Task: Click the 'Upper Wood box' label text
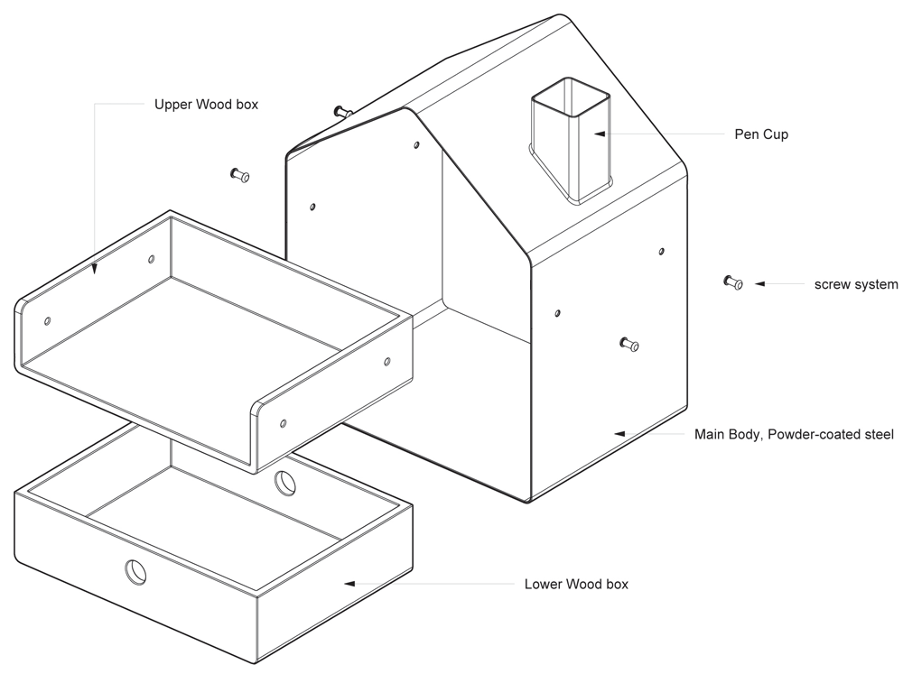tap(206, 105)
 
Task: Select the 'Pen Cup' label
tap(761, 134)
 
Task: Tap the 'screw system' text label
tap(856, 284)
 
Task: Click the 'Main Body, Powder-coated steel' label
tap(794, 435)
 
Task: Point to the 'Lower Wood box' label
tap(576, 585)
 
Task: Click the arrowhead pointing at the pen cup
tap(599, 134)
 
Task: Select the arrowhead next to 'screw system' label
tap(759, 284)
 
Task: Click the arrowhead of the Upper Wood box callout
tap(95, 268)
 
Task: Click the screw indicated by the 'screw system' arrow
tap(732, 283)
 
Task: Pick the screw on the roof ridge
tap(341, 112)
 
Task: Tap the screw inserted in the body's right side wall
tap(629, 344)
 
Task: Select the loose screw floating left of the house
tap(240, 175)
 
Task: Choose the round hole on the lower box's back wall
tap(285, 483)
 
